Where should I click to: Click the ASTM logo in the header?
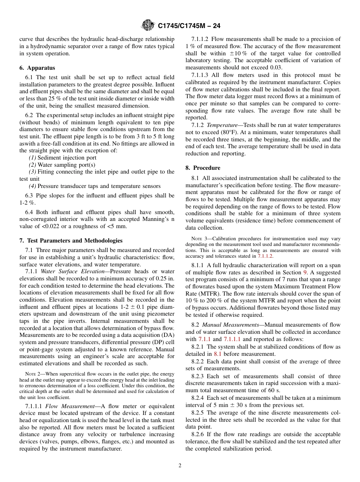(x=147, y=25)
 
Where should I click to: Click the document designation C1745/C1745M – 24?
(x=189, y=26)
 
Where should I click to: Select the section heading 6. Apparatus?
(x=37, y=68)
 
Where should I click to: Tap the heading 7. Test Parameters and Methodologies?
(x=71, y=240)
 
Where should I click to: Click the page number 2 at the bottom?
(x=180, y=466)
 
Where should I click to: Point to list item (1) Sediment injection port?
(x=63, y=158)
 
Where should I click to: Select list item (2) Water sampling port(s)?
(x=62, y=165)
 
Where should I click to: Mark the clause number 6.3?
(x=29, y=196)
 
